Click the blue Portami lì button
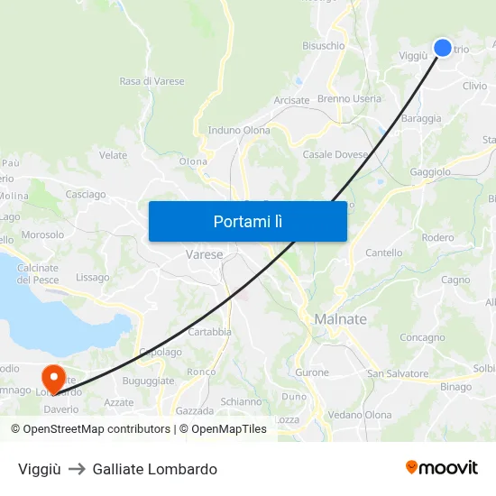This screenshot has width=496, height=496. click(x=248, y=221)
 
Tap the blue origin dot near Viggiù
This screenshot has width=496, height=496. click(x=443, y=48)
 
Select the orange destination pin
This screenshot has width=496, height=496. click(x=53, y=376)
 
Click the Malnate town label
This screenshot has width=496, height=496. click(x=340, y=319)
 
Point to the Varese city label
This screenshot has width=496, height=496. click(x=204, y=255)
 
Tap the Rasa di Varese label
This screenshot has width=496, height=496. click(x=152, y=81)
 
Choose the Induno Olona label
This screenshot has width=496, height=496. click(x=239, y=130)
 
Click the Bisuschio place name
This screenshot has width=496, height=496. click(x=324, y=45)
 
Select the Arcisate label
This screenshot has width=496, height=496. click(x=291, y=100)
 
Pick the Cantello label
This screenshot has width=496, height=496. click(x=384, y=253)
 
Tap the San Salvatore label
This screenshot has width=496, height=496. click(x=398, y=373)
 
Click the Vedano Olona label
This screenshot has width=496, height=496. click(x=360, y=414)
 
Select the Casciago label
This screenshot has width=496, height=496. click(x=86, y=194)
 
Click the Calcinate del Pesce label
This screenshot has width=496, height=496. click(x=37, y=273)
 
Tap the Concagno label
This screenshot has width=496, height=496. click(x=422, y=337)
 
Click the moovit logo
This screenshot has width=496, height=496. click(x=442, y=468)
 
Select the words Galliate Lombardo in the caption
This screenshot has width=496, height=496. click(x=154, y=469)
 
